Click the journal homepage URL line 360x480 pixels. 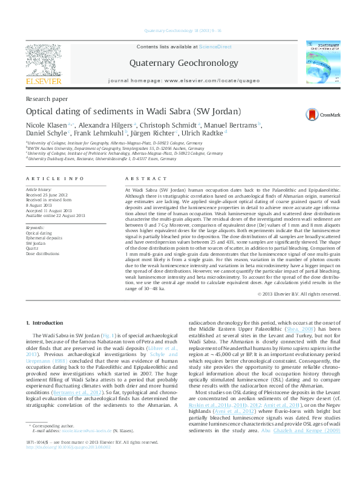coord(184,80)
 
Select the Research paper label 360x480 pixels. coord(46,99)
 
